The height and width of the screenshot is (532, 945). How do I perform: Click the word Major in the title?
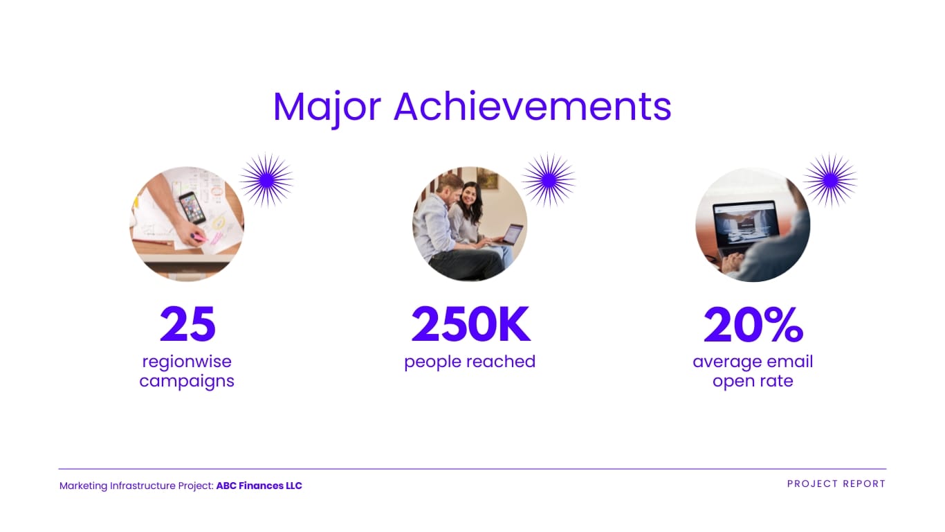(x=327, y=107)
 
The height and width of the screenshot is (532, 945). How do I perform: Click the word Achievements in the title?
(x=533, y=107)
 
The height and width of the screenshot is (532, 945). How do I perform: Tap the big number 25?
(x=187, y=324)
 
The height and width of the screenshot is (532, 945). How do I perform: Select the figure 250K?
(x=470, y=324)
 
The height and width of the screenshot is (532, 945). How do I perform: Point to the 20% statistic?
(x=753, y=324)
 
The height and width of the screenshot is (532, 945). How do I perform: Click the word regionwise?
(x=187, y=362)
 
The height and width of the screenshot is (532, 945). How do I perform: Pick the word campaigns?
(x=187, y=381)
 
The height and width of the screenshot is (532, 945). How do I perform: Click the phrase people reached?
(x=470, y=362)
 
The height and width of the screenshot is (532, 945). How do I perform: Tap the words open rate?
(x=753, y=381)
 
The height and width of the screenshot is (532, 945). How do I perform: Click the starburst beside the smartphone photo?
(x=266, y=180)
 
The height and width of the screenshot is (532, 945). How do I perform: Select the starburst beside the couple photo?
(x=548, y=180)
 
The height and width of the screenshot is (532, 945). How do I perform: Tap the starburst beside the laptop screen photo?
(x=829, y=180)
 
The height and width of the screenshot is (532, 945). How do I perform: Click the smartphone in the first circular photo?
(x=192, y=207)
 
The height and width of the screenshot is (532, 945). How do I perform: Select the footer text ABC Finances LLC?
(x=259, y=486)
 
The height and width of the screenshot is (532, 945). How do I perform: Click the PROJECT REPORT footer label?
(x=836, y=484)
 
